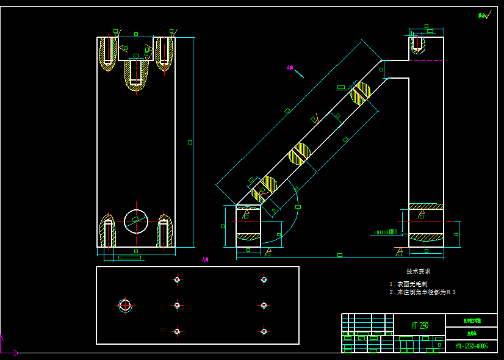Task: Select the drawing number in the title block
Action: pos(471,347)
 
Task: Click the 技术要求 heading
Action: pos(419,271)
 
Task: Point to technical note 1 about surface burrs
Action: pos(408,284)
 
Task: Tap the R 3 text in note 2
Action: pos(451,292)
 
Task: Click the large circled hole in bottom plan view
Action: pos(125,305)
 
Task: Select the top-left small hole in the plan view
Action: pos(177,279)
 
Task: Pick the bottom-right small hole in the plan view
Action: pos(264,331)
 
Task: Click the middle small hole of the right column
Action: pos(264,305)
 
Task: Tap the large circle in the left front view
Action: pos(136,220)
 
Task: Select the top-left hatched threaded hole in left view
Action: pos(108,52)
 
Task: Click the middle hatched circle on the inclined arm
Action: pos(300,153)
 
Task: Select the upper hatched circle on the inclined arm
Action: pos(360,93)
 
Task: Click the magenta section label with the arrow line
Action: pos(291,68)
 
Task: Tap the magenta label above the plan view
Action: pos(206,259)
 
